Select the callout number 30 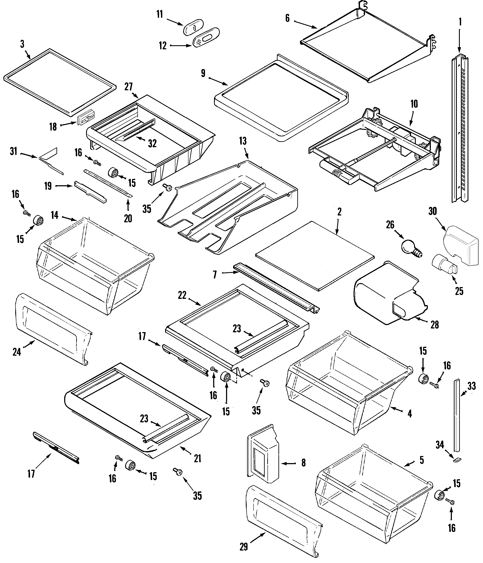pos(432,211)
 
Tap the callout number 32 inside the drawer pos(152,143)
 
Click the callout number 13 pos(243,141)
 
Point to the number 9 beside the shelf pos(203,73)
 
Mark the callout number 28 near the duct pos(434,325)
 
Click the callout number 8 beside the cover pos(303,463)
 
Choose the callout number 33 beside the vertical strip pos(472,386)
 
